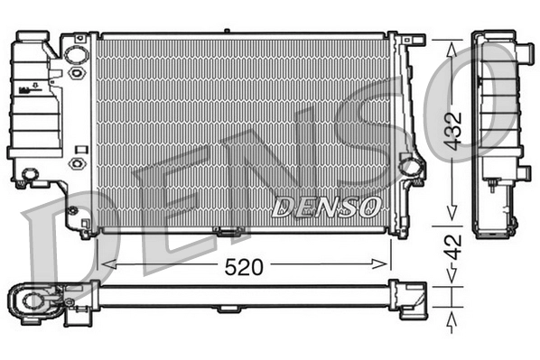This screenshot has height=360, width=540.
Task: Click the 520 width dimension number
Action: [243, 267]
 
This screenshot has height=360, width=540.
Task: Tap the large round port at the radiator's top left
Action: [78, 53]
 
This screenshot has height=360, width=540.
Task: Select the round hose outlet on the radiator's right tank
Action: [411, 166]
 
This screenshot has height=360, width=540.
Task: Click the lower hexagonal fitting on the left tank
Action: [77, 164]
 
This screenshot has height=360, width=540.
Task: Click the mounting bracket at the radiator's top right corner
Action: [416, 40]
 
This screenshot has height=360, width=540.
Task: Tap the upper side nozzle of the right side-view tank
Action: [524, 55]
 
